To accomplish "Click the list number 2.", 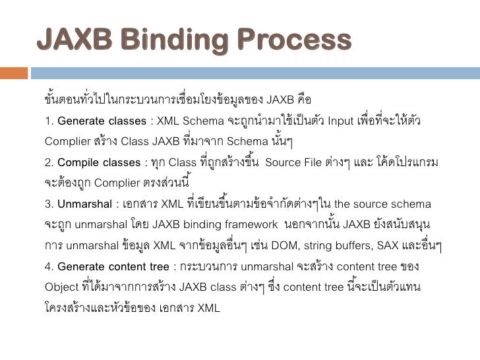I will click(x=48, y=162).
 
